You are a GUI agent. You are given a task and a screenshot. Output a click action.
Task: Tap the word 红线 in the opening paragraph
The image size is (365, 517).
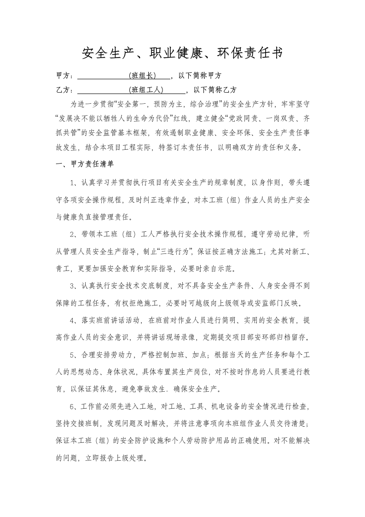tap(181, 118)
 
